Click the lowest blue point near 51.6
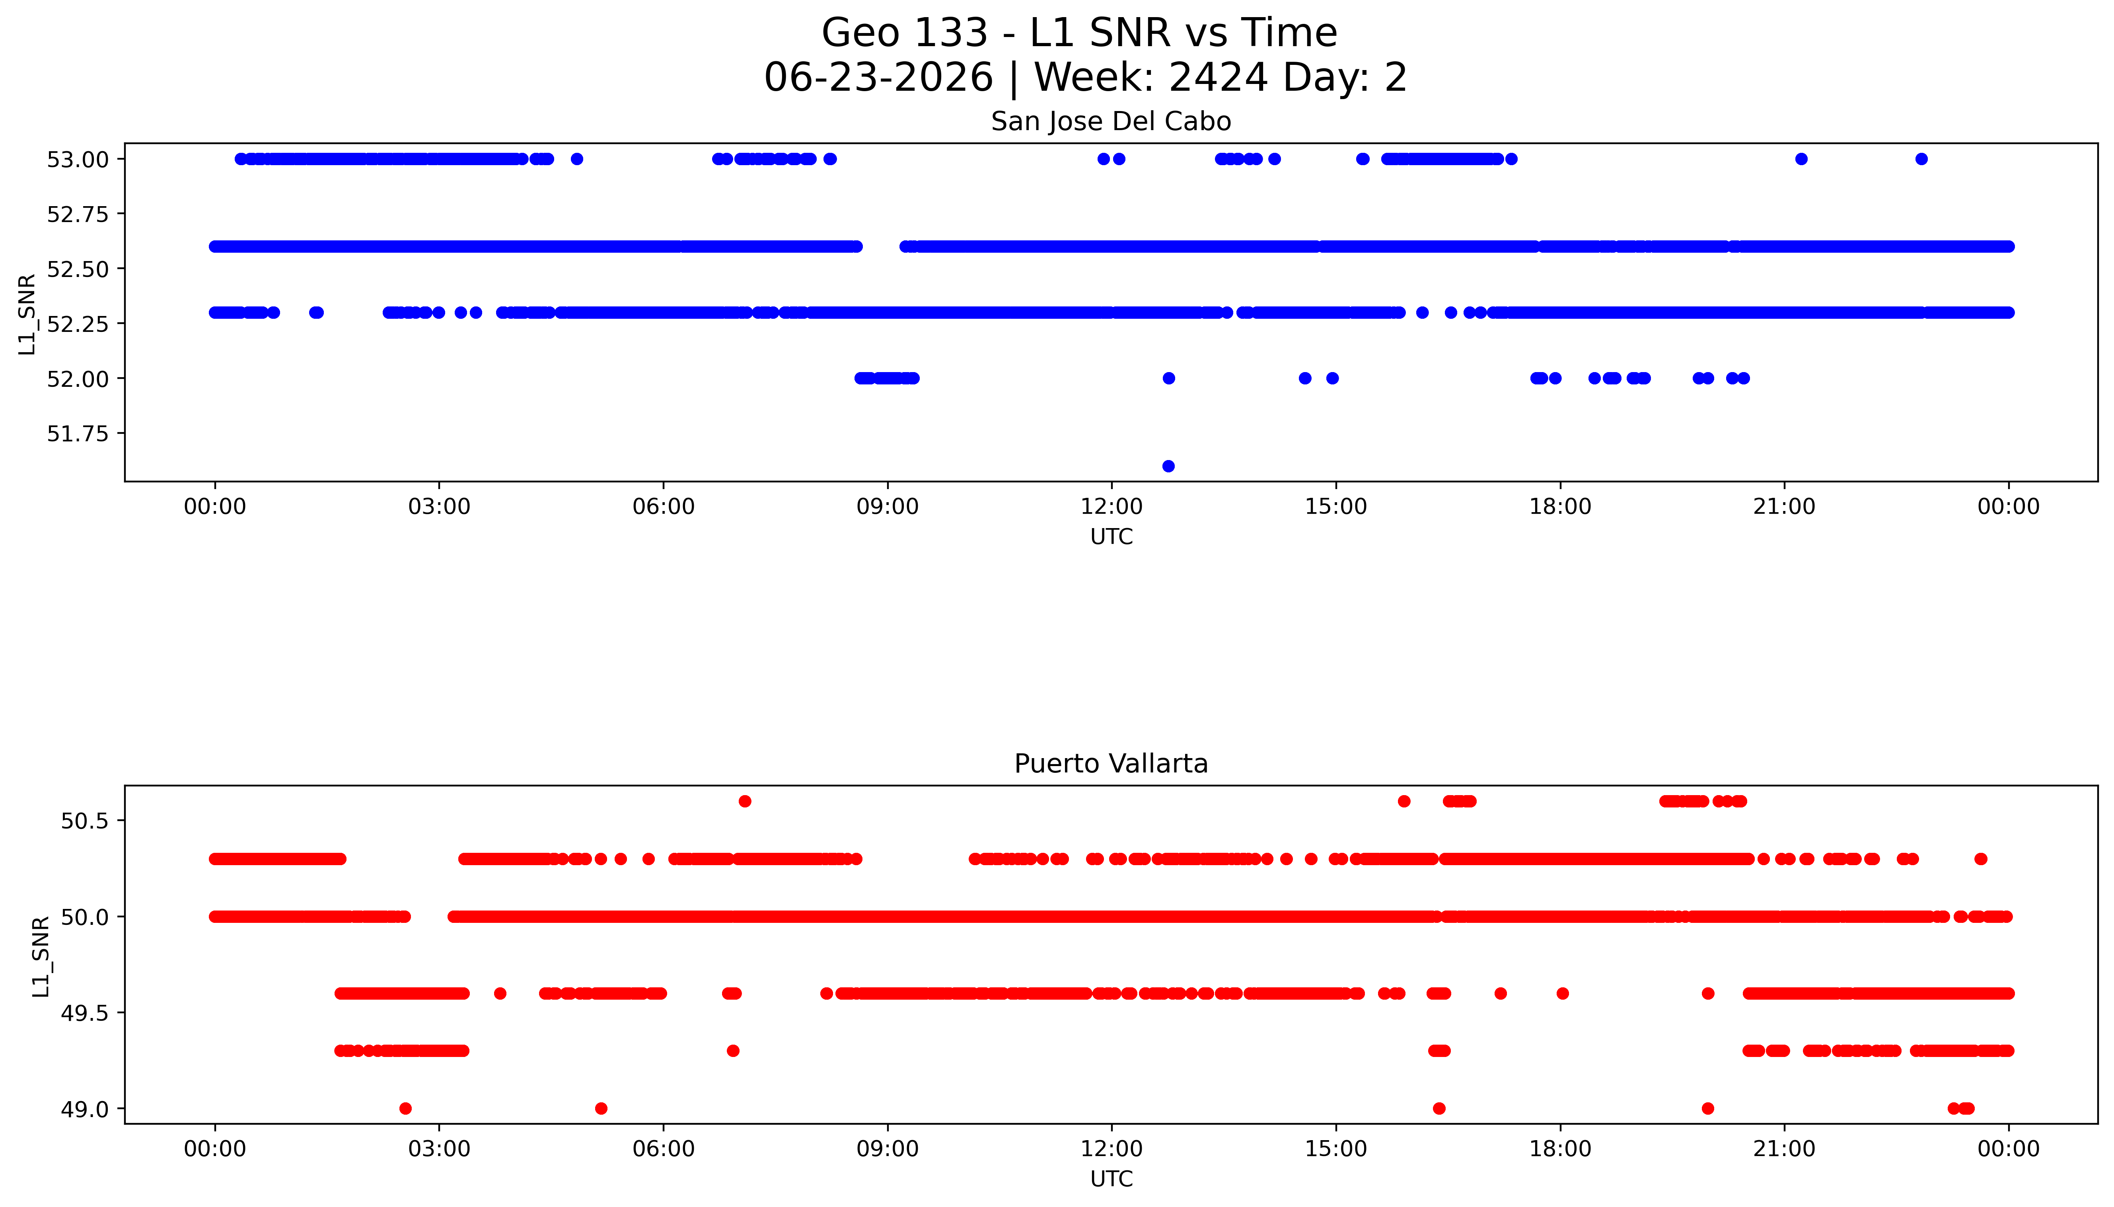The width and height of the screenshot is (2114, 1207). tap(1168, 466)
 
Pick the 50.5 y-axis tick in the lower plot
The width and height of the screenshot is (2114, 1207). tap(84, 821)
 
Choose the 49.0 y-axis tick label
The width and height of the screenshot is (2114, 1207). tap(84, 1109)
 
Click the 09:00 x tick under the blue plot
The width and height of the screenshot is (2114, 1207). tap(888, 507)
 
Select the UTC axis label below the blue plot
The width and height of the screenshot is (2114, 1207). tap(1111, 537)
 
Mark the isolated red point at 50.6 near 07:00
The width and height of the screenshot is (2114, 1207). tap(745, 801)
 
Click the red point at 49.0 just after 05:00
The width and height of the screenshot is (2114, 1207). tap(601, 1108)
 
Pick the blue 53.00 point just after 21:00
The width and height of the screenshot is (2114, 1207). tap(1801, 159)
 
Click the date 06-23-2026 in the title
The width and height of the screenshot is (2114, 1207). tap(878, 77)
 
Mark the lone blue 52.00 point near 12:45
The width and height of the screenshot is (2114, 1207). tap(1168, 378)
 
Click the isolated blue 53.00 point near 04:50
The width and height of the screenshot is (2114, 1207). tap(577, 159)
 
